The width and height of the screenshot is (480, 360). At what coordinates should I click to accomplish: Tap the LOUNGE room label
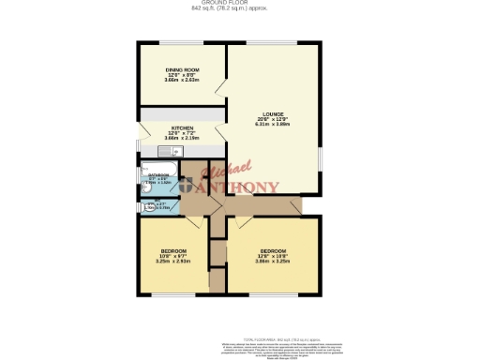pyautogui.click(x=273, y=114)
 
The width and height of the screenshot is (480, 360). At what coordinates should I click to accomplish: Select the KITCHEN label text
pyautogui.click(x=182, y=128)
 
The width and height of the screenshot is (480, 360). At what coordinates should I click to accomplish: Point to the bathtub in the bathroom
pyautogui.click(x=150, y=180)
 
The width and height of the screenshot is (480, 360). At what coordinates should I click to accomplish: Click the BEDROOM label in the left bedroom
pyautogui.click(x=172, y=250)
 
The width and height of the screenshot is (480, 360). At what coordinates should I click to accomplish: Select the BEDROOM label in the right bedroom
pyautogui.click(x=273, y=250)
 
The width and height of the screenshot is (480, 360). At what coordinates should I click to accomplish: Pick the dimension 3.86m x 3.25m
pyautogui.click(x=273, y=261)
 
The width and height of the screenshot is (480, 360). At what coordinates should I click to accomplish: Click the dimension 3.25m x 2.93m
pyautogui.click(x=172, y=261)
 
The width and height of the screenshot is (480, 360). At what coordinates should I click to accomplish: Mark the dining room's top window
pyautogui.click(x=182, y=43)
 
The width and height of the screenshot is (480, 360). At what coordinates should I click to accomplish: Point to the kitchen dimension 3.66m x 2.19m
pyautogui.click(x=182, y=139)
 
